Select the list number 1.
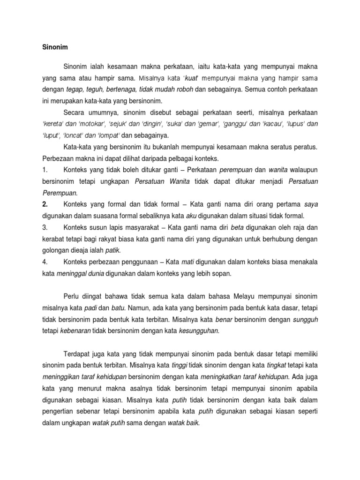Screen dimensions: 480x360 [x=45, y=170]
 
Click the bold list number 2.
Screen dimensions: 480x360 [x=45, y=204]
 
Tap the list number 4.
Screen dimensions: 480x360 [x=45, y=262]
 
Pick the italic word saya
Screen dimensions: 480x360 [x=311, y=204]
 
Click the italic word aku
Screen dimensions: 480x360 [x=191, y=216]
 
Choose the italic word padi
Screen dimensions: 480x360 [x=90, y=308]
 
